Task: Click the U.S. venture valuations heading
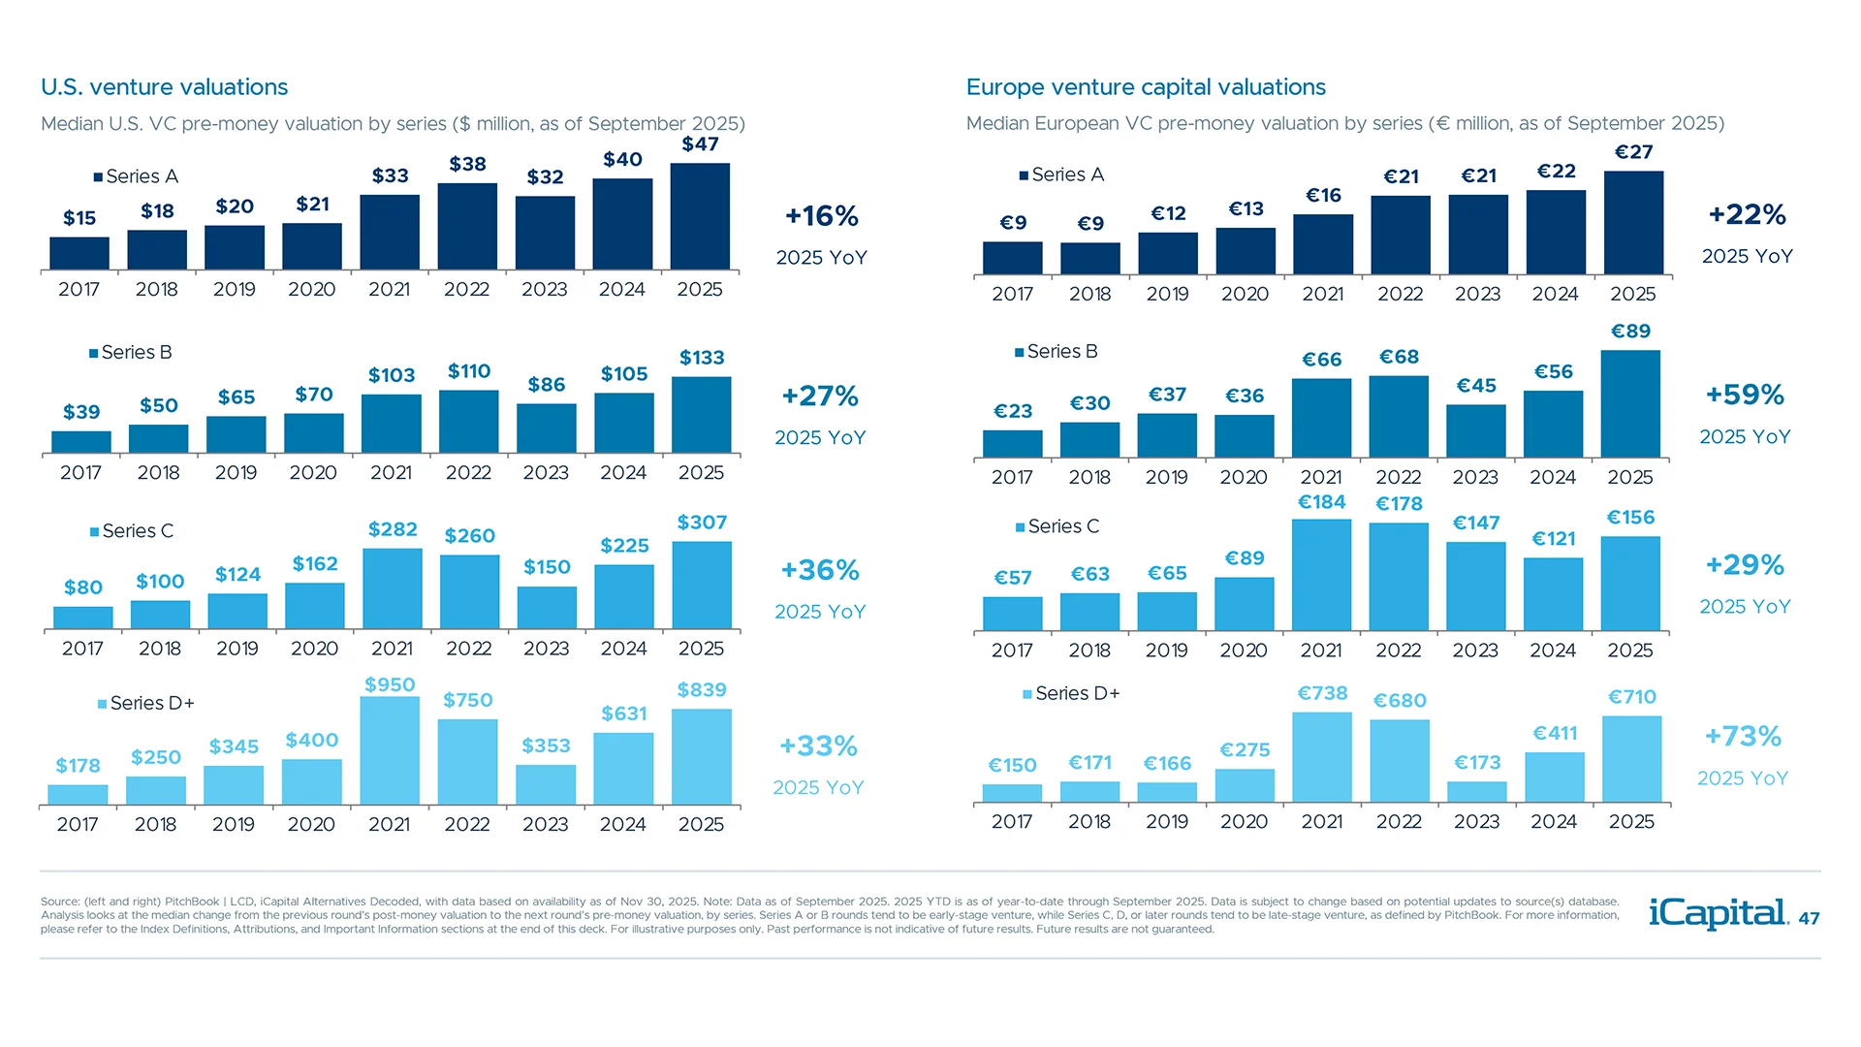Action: point(164,87)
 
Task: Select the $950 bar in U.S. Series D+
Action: point(390,750)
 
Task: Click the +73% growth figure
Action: point(1743,737)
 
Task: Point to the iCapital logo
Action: point(1718,913)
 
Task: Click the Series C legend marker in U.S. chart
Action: point(95,531)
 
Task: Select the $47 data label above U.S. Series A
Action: point(700,144)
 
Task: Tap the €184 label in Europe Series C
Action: point(1321,502)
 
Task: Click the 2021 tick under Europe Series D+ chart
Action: point(1321,822)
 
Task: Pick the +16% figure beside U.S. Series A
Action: point(821,216)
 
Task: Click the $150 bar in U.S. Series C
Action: point(547,607)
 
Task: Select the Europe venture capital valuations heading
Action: point(1146,87)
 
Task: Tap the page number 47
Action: point(1809,919)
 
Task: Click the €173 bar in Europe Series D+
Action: point(1476,791)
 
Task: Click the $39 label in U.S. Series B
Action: point(81,412)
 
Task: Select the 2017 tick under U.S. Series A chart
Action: point(79,290)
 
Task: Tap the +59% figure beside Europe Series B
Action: point(1745,396)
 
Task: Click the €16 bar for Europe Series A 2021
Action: point(1322,243)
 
